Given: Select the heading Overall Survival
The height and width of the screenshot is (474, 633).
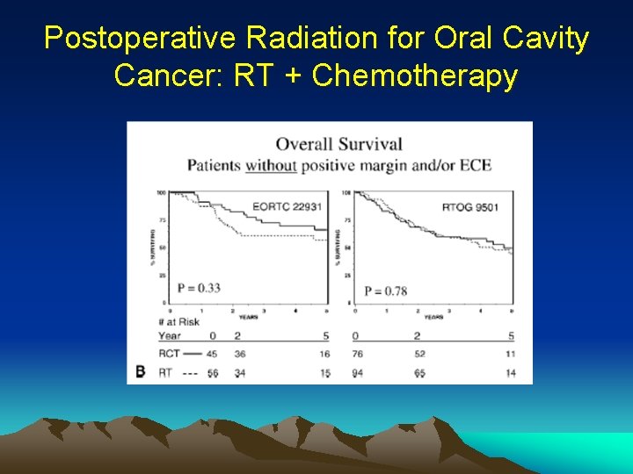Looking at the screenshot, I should point(338,144).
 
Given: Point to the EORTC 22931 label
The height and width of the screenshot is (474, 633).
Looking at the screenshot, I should point(287,207).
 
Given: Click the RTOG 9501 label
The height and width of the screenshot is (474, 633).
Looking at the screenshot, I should point(471,207).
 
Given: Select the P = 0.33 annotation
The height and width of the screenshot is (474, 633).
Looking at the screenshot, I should point(199,287).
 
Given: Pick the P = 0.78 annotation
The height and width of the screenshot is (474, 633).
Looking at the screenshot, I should point(385,291).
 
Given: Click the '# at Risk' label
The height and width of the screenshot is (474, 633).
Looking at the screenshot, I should point(179,321).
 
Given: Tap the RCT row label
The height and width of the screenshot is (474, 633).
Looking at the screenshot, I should point(169,354).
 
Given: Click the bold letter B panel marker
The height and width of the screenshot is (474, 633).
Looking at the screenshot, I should point(140,372).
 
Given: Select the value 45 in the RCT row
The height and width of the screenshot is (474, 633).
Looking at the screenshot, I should point(211,354).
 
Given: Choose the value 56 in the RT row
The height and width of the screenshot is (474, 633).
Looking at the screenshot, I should point(211,373).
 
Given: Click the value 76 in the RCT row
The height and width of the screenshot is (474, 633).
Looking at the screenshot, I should point(356,354).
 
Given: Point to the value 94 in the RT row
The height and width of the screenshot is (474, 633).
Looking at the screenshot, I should point(356,373).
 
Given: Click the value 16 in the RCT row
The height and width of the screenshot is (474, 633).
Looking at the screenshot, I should point(325,354).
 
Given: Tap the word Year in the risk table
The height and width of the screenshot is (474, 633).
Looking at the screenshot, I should point(170,336).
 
